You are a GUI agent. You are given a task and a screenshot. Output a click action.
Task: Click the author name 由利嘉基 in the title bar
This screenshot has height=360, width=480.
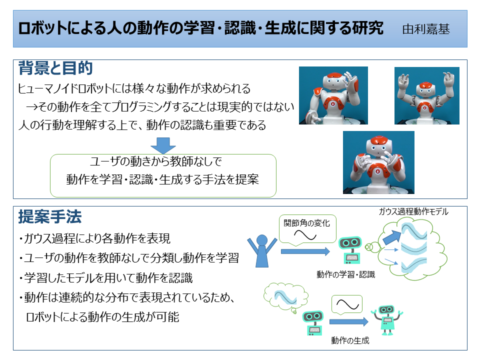[426, 29]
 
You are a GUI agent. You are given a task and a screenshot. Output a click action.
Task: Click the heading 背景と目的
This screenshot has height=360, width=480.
[55, 68]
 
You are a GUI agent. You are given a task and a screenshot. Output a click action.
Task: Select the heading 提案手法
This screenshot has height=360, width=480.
[50, 216]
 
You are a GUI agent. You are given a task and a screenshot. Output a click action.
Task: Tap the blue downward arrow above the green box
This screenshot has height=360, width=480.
[163, 145]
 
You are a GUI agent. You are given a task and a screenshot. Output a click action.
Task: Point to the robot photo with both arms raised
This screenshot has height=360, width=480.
[426, 95]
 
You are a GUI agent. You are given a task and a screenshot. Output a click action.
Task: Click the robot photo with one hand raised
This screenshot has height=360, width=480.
[333, 95]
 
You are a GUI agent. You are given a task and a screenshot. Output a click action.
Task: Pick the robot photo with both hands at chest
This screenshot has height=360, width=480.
[378, 162]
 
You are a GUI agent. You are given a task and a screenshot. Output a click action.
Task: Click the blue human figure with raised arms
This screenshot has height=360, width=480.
[262, 251]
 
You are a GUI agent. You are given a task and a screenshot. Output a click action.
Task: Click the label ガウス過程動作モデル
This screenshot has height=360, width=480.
[413, 211]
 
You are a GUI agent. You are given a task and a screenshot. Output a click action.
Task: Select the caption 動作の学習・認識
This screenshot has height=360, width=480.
[345, 274]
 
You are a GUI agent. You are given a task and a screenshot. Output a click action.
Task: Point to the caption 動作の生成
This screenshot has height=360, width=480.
[350, 340]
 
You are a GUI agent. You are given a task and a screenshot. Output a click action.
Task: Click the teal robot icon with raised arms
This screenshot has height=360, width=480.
[387, 320]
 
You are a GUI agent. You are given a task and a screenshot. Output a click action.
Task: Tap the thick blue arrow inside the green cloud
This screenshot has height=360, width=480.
[392, 237]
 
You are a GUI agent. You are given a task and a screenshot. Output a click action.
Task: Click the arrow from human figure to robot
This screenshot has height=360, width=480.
[305, 251]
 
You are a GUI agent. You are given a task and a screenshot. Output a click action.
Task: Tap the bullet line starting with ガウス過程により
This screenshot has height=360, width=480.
[94, 238]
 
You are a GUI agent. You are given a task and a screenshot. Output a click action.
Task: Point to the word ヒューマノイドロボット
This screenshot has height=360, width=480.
[65, 89]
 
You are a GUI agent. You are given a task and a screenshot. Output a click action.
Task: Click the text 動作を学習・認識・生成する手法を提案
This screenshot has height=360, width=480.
[162, 179]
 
